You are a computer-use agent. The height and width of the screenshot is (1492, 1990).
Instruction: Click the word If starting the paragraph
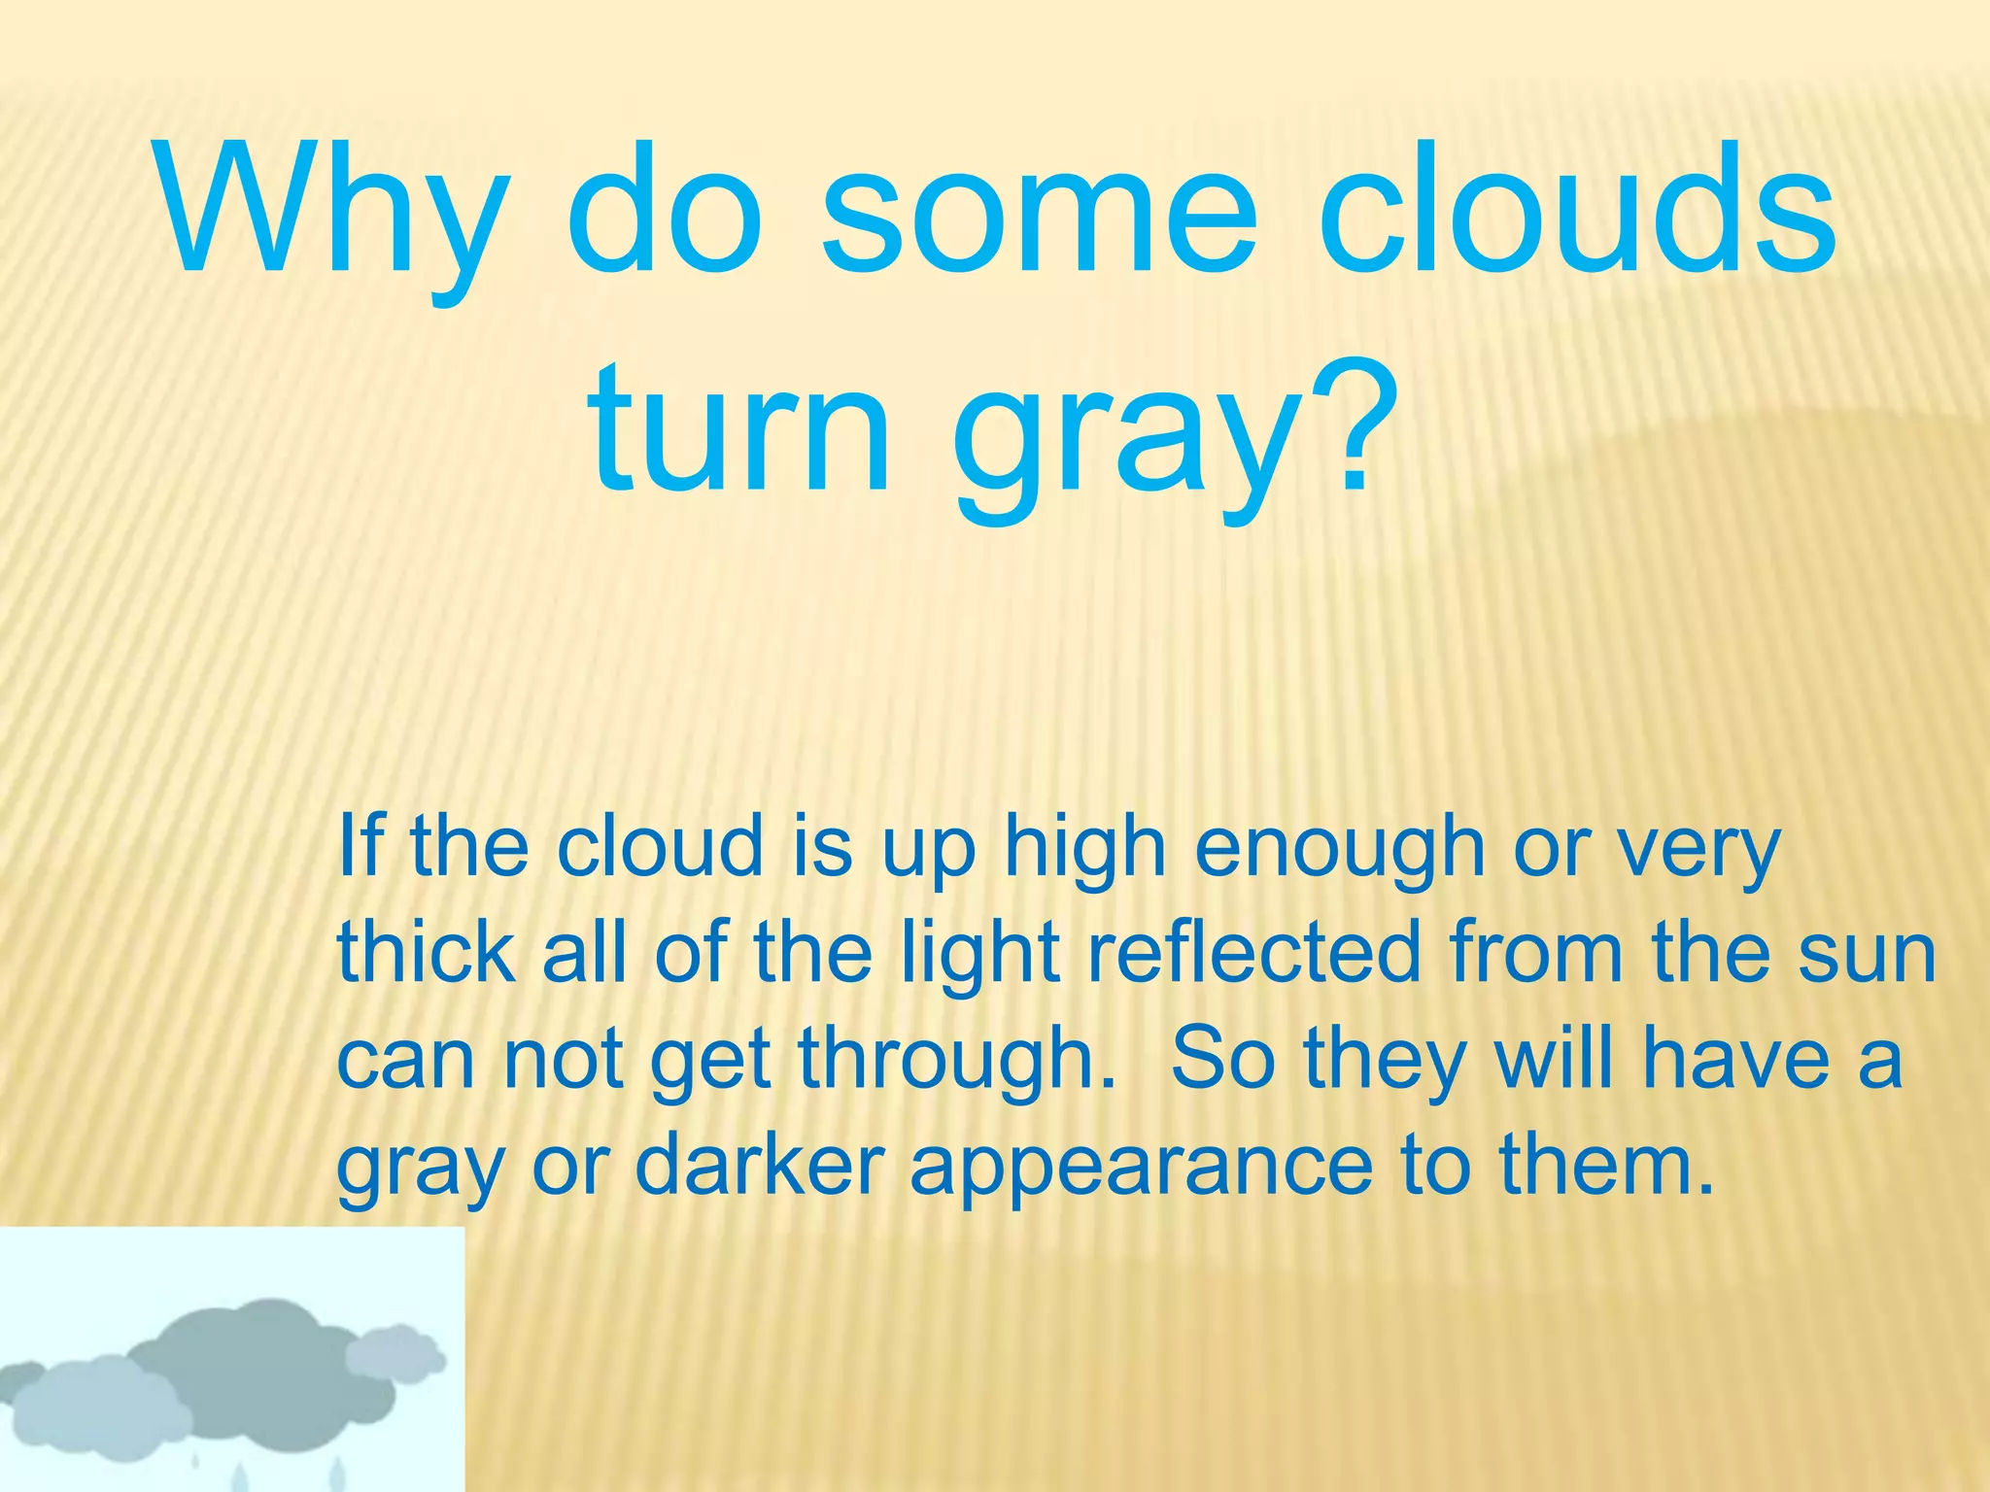(362, 845)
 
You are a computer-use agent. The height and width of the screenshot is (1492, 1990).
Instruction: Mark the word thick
(426, 953)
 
